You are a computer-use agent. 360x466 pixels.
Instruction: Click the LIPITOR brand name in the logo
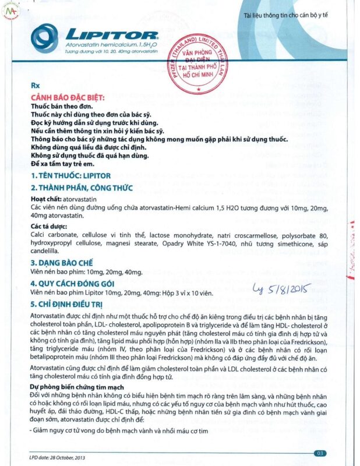click(111, 36)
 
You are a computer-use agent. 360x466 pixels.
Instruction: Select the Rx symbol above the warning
click(34, 84)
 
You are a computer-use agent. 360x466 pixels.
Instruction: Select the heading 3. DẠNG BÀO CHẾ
click(64, 262)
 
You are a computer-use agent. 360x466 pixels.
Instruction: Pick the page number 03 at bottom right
click(320, 453)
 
